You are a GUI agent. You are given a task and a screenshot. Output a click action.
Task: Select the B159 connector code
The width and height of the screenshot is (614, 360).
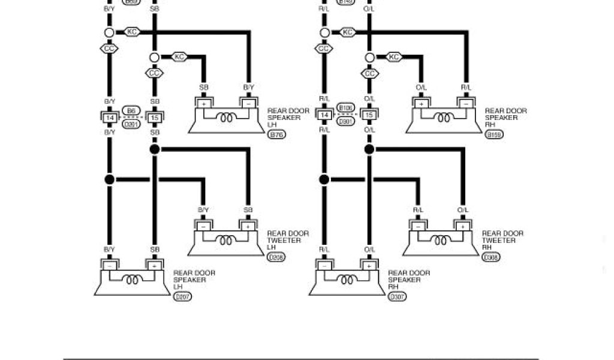[x=494, y=134]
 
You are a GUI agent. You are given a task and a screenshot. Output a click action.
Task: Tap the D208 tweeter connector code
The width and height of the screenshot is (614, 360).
[x=276, y=257]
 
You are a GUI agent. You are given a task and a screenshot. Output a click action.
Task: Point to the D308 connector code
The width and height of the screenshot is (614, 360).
[x=491, y=257]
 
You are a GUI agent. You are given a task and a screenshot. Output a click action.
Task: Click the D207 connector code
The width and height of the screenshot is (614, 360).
[x=182, y=296]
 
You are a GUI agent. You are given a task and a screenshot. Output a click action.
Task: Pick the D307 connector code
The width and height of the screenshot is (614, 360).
[x=397, y=296]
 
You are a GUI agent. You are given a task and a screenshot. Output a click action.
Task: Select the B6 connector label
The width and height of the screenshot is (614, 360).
[x=131, y=110]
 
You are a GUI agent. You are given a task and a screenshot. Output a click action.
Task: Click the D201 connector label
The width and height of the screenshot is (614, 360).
[x=131, y=124]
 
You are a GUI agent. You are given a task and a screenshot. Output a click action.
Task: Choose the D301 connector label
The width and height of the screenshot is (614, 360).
[x=347, y=121]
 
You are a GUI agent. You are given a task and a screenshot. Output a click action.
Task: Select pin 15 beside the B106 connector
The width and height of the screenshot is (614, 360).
[x=369, y=115]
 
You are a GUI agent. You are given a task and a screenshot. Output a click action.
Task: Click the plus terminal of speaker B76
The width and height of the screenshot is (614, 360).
[x=204, y=104]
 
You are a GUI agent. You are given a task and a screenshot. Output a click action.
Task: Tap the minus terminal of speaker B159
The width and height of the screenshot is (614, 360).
[x=466, y=104]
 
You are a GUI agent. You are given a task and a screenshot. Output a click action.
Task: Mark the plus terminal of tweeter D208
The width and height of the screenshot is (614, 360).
[x=248, y=227]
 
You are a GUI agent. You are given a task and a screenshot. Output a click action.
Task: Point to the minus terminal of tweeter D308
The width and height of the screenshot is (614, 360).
[x=417, y=227]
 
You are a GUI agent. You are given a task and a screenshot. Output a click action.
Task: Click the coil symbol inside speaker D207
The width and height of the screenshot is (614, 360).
[x=132, y=280]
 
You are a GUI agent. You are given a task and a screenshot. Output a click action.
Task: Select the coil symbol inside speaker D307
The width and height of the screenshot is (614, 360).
[x=347, y=280]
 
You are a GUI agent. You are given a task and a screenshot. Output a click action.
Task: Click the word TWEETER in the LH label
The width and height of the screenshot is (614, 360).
[x=284, y=241]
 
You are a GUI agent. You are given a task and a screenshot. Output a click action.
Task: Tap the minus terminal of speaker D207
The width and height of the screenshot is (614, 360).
[x=110, y=265]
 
